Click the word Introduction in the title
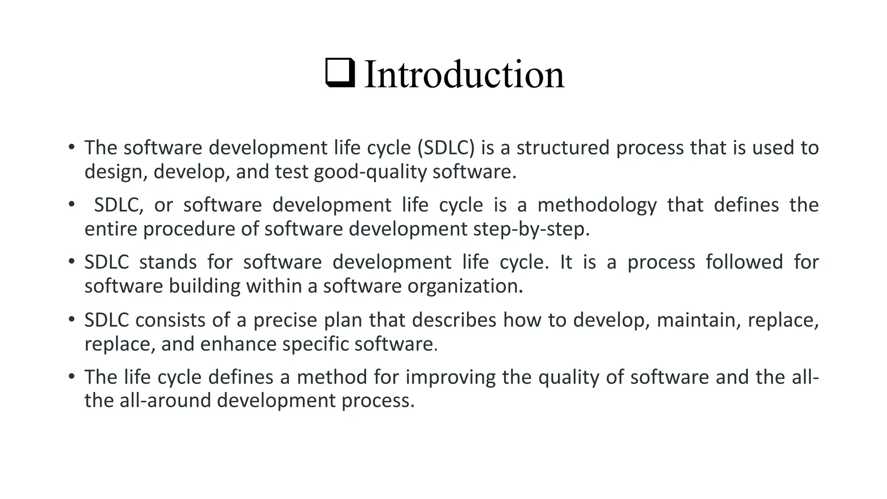coord(464,75)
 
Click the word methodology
coord(597,205)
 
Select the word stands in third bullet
coord(168,262)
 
